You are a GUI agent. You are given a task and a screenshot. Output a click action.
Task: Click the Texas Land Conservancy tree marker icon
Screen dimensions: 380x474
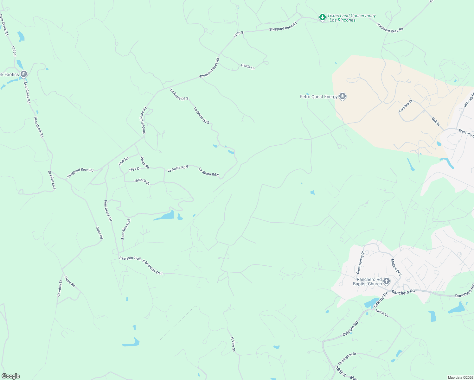click(322, 17)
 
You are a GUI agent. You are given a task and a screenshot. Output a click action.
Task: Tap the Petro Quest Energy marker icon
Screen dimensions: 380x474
click(342, 96)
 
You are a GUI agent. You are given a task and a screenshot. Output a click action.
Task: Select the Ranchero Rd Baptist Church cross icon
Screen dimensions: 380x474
click(386, 281)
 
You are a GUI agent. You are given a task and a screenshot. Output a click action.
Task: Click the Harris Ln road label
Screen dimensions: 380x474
click(248, 66)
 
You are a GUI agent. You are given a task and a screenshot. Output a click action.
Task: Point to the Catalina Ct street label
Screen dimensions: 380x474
click(406, 106)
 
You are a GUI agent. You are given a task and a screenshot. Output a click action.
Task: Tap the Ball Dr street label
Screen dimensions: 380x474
click(436, 122)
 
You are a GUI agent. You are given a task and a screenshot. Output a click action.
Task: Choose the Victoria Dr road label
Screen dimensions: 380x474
click(142, 181)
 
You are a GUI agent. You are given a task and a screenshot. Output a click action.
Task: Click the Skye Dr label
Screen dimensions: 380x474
click(135, 169)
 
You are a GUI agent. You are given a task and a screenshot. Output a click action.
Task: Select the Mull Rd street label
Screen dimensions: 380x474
click(124, 161)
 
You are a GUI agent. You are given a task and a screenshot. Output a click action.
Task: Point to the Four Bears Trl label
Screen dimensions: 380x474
click(108, 211)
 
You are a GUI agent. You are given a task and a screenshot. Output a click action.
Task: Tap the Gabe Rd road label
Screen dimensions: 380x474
click(99, 233)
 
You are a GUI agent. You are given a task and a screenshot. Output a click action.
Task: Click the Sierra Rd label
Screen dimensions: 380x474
click(70, 282)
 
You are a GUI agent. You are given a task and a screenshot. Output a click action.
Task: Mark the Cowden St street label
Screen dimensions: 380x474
click(60, 288)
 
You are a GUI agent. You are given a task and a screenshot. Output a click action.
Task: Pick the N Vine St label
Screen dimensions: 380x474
click(233, 344)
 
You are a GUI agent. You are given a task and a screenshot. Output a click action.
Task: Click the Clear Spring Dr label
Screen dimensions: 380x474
click(361, 262)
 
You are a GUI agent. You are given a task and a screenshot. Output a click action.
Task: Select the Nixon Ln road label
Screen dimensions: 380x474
click(382, 313)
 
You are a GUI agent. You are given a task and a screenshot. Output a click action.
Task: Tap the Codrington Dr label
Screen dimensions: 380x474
click(347, 358)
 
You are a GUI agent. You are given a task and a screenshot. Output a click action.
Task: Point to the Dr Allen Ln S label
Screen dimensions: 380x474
click(52, 180)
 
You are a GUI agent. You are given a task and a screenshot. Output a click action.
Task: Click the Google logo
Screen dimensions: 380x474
click(10, 376)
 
